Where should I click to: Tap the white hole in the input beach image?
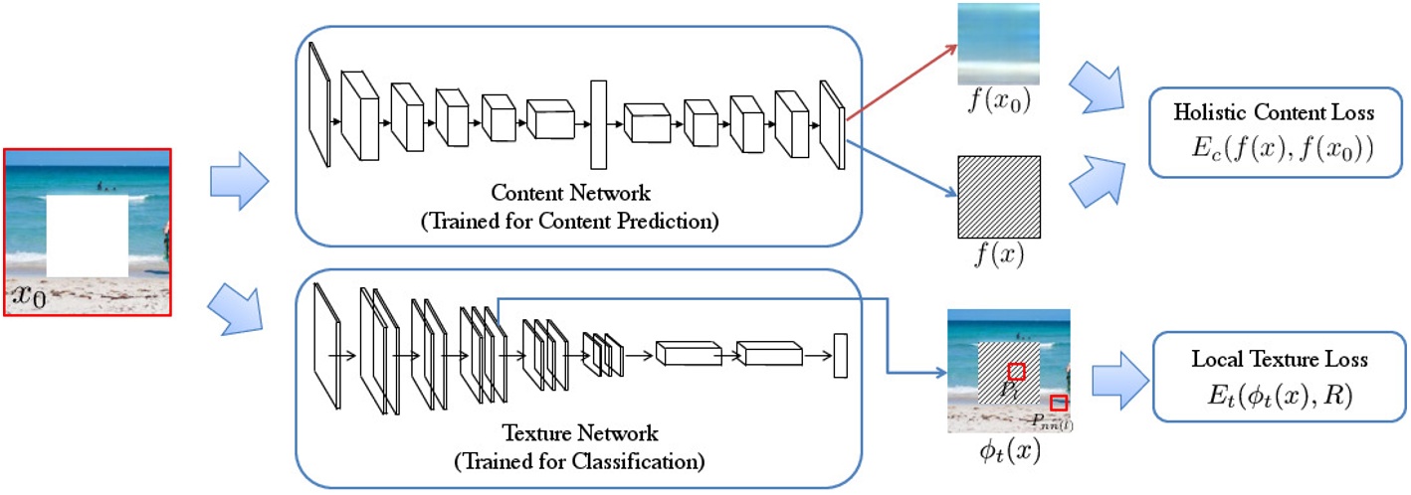point(87,236)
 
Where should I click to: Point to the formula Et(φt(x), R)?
point(1279,396)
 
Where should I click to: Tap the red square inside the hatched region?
point(1016,371)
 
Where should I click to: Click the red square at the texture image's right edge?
point(1059,403)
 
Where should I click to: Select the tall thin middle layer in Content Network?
point(598,125)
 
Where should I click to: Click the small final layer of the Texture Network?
point(839,356)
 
